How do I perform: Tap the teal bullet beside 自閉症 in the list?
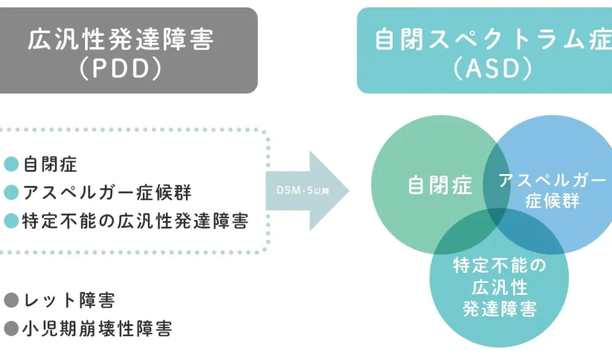11,163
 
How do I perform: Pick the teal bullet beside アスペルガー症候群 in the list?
11,193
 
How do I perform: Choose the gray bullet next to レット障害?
11,300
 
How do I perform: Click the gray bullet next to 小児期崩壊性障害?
11,329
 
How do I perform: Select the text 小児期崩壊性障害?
97,329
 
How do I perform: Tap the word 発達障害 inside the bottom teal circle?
500,309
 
